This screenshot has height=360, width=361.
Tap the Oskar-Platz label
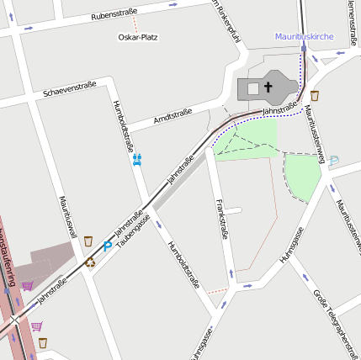138,37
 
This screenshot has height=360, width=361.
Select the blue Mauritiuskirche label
305,36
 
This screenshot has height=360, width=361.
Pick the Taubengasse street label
134,229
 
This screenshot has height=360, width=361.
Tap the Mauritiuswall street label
68,218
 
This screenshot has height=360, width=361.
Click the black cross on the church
269,87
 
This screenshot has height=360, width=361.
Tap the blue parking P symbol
107,246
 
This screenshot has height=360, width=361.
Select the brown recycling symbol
90,261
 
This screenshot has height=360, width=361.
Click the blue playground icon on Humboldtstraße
137,159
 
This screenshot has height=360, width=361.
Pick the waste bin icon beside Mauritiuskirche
315,95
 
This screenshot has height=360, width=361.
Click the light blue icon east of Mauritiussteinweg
334,160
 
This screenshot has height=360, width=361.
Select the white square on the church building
252,87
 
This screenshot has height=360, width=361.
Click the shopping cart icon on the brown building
28,286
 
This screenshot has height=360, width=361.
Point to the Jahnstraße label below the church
280,109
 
